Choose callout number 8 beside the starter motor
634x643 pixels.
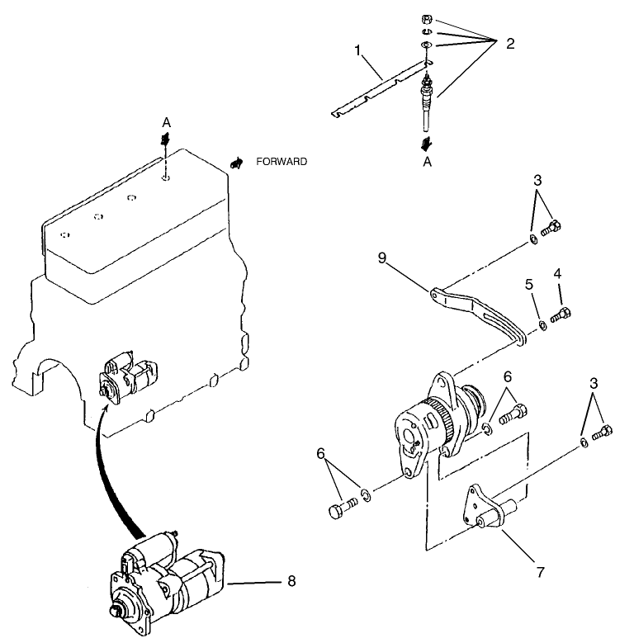(x=291, y=581)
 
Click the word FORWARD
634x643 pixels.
(x=281, y=162)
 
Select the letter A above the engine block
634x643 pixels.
(x=166, y=122)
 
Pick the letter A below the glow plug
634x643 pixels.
(x=427, y=163)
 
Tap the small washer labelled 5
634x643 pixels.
(x=542, y=325)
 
